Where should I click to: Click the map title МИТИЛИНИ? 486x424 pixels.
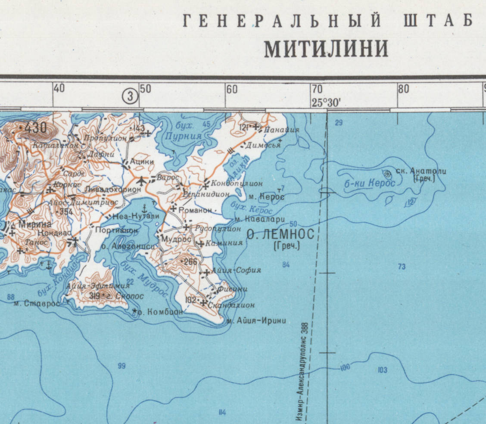326,49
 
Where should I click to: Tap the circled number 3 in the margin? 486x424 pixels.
130,96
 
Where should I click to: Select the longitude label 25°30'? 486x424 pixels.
326,103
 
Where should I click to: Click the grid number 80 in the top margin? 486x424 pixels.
403,90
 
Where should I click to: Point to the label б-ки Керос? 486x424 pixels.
370,183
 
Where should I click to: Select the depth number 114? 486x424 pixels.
222,412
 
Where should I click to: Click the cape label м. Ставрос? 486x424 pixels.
36,303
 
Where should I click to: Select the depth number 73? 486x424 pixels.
402,267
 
